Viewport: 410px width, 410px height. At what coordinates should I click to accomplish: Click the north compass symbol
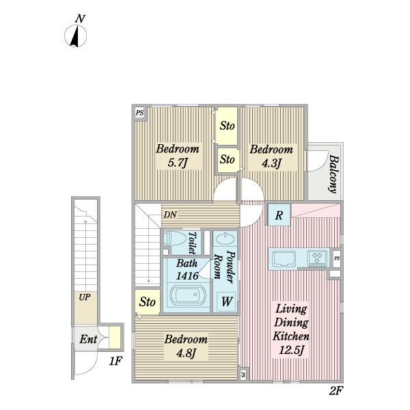click(x=76, y=32)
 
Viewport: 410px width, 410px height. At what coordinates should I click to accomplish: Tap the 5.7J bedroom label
click(x=178, y=156)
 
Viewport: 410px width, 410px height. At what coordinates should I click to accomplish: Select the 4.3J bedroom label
click(x=271, y=156)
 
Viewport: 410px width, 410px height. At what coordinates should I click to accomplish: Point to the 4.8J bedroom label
click(x=186, y=346)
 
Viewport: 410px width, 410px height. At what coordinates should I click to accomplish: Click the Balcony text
click(x=333, y=174)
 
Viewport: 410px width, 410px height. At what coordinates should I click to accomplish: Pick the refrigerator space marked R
click(x=279, y=215)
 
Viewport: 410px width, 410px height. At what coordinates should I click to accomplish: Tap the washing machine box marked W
click(x=226, y=301)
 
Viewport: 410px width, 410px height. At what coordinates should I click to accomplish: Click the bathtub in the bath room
click(x=188, y=295)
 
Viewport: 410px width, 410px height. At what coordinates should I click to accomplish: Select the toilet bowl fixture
click(x=174, y=238)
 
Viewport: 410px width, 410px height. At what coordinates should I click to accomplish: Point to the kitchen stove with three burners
click(x=317, y=258)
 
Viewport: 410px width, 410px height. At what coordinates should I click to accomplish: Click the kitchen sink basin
click(x=284, y=258)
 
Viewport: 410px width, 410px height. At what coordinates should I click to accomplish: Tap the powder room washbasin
click(x=225, y=238)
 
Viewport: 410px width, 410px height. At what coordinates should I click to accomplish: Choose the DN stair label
click(x=170, y=215)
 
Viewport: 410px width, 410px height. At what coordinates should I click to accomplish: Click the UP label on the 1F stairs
click(x=85, y=297)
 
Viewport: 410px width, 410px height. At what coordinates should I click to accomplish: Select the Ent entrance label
click(x=88, y=339)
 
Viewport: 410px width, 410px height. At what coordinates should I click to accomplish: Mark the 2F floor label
click(x=336, y=391)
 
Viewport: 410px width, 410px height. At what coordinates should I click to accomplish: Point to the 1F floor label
click(x=115, y=361)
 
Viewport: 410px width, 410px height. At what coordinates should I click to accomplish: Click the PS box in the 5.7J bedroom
click(x=140, y=113)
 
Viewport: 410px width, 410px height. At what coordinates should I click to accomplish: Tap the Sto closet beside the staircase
click(x=148, y=302)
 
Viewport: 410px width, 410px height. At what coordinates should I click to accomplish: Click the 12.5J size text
click(x=292, y=349)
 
